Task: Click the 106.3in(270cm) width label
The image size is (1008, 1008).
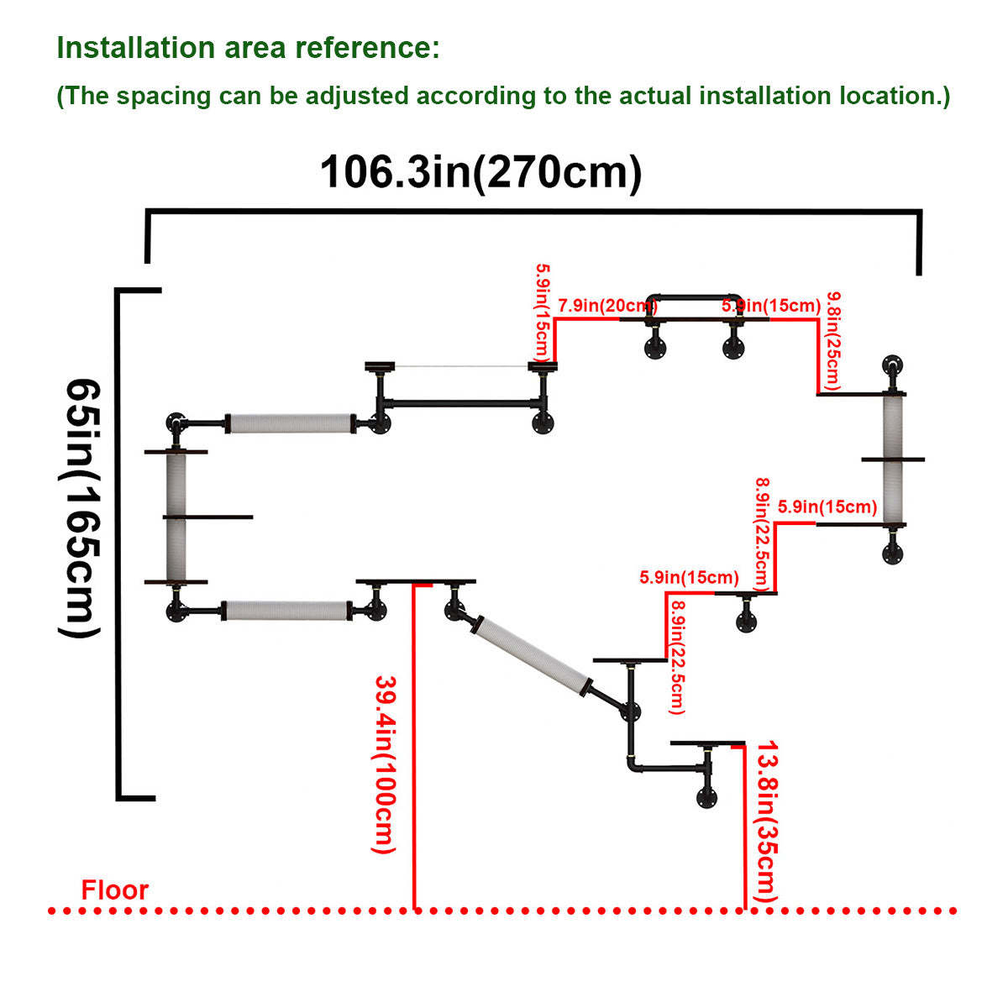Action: pos(480,172)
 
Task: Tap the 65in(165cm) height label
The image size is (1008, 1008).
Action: pos(81,507)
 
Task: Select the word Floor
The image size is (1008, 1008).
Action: pos(114,890)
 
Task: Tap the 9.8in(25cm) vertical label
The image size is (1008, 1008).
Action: pos(833,339)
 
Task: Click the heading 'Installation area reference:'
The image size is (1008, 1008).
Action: pos(248,48)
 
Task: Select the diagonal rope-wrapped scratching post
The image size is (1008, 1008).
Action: pos(531,654)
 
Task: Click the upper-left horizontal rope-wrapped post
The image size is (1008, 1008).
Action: pos(291,423)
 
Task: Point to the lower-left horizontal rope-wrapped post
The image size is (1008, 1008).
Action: pos(286,611)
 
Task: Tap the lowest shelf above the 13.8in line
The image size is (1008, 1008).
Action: pos(707,743)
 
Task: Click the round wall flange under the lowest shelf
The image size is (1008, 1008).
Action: pos(706,797)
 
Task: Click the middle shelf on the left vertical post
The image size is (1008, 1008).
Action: pos(209,517)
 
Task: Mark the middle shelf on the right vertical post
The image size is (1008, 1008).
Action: pos(892,459)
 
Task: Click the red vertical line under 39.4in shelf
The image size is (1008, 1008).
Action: pos(414,748)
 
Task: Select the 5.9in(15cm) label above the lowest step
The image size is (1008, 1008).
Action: pos(689,577)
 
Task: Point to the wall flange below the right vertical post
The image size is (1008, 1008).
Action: pos(893,554)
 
